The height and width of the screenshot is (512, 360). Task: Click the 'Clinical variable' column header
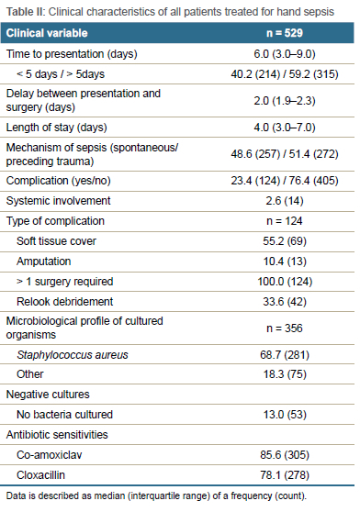click(x=47, y=33)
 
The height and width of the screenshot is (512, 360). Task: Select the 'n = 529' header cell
click(x=285, y=33)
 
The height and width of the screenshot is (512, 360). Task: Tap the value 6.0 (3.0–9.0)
click(x=285, y=54)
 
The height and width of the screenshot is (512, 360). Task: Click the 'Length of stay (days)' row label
click(x=57, y=128)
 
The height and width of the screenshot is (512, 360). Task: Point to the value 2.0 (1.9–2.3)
click(x=285, y=101)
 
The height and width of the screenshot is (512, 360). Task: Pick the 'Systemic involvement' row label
click(x=58, y=201)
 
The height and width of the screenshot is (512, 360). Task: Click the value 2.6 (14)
click(x=285, y=201)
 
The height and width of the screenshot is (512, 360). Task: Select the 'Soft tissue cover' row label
click(x=56, y=241)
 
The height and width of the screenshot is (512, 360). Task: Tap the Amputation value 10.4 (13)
click(x=285, y=262)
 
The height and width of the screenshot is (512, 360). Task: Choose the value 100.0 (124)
click(x=285, y=282)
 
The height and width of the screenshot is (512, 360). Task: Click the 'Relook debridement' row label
click(x=64, y=301)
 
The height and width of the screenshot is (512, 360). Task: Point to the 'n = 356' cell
click(x=285, y=328)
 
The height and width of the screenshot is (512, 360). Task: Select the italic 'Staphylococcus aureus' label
click(x=73, y=355)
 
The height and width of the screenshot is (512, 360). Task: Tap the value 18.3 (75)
click(x=285, y=374)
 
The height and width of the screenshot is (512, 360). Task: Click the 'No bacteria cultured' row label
click(x=64, y=415)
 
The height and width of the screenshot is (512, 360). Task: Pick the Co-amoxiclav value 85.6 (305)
click(x=285, y=455)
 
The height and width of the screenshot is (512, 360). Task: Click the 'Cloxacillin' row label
click(x=40, y=474)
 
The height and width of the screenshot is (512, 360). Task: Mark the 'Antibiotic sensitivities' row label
click(x=57, y=435)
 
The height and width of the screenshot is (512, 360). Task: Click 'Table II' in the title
click(x=26, y=12)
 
